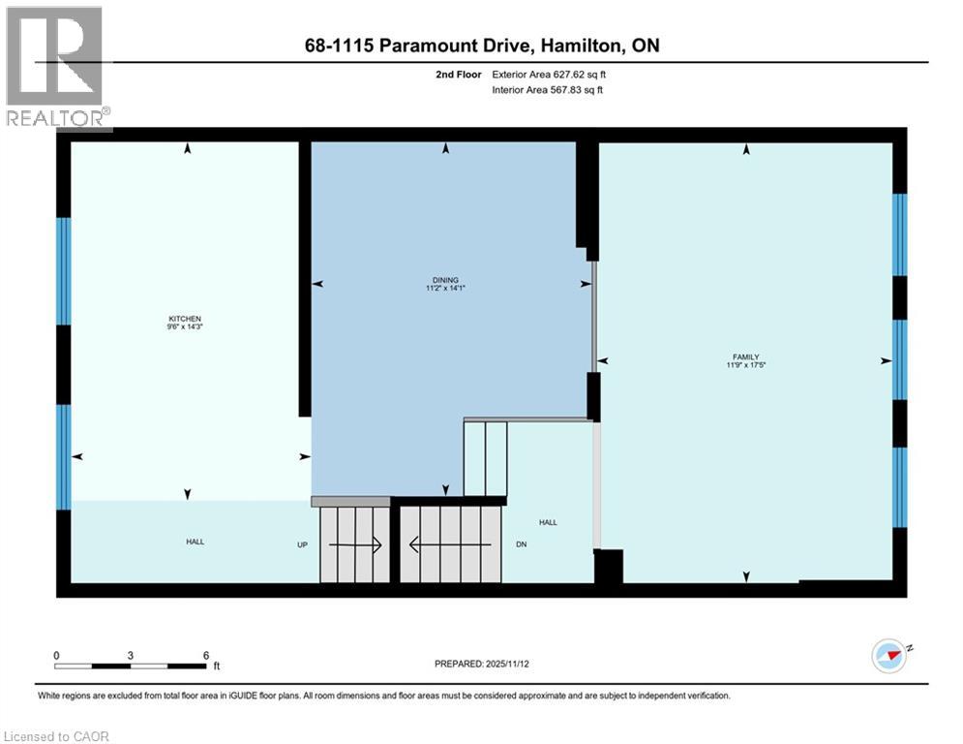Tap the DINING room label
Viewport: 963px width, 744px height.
pyautogui.click(x=446, y=279)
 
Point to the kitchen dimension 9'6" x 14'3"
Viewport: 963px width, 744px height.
pyautogui.click(x=185, y=327)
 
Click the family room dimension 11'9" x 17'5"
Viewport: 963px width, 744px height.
pyautogui.click(x=744, y=365)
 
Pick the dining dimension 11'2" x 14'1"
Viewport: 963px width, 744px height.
pyautogui.click(x=446, y=288)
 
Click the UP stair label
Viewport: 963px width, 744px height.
pyautogui.click(x=302, y=544)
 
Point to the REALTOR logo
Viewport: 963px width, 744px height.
pyautogui.click(x=55, y=68)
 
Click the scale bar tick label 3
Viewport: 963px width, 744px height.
pyautogui.click(x=131, y=655)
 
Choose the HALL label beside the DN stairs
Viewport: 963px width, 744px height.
pyautogui.click(x=548, y=522)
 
